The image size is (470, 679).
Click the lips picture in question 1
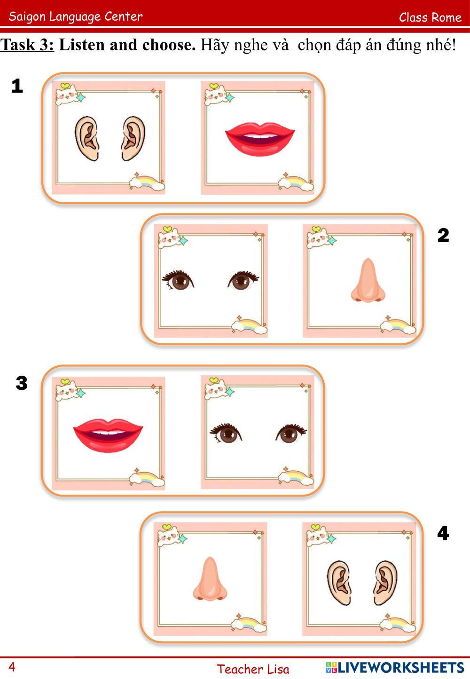(260, 139)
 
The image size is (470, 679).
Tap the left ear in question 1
(86, 138)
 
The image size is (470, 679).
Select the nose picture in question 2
(368, 280)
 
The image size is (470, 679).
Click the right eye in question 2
(243, 280)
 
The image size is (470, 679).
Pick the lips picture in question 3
(108, 435)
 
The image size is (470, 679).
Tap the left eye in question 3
(226, 433)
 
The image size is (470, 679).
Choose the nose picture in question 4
(210, 579)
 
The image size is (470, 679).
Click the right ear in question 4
(385, 583)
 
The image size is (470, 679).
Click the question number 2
(443, 235)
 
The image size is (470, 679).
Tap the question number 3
(22, 383)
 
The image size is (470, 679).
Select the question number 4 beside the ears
(443, 533)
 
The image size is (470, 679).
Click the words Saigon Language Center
(76, 16)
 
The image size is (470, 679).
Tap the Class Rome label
(430, 17)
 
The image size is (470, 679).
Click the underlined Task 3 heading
(27, 45)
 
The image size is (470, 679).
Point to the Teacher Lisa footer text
(253, 669)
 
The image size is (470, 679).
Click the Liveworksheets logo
(395, 668)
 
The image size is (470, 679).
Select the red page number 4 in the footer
(12, 667)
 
